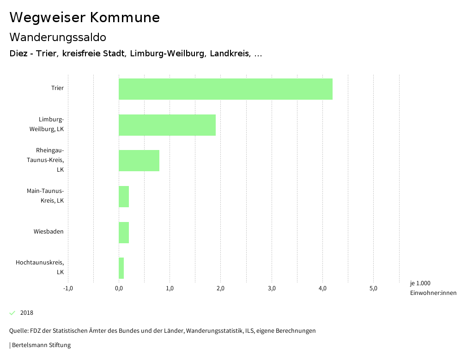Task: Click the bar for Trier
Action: pos(225,89)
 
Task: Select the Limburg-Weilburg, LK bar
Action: pos(167,125)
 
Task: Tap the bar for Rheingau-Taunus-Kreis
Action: pos(139,161)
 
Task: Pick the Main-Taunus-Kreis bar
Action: pos(124,197)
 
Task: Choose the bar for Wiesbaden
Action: pos(124,233)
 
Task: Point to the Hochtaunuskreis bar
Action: pos(121,268)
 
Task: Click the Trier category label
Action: pos(57,88)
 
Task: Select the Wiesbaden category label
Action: pos(49,232)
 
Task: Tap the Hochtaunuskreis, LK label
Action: pos(40,267)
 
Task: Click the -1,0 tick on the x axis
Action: pos(68,288)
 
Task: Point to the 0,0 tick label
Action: pos(119,288)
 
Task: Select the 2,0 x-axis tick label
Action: pos(220,288)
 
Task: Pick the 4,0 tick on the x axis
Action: pos(322,288)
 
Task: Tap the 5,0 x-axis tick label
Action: pos(373,288)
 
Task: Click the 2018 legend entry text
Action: pos(27,313)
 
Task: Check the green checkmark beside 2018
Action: pos(12,313)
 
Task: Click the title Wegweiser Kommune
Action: pos(85,18)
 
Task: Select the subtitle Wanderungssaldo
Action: pos(58,37)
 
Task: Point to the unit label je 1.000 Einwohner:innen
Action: pos(433,288)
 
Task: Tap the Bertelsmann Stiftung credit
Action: pos(41,345)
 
